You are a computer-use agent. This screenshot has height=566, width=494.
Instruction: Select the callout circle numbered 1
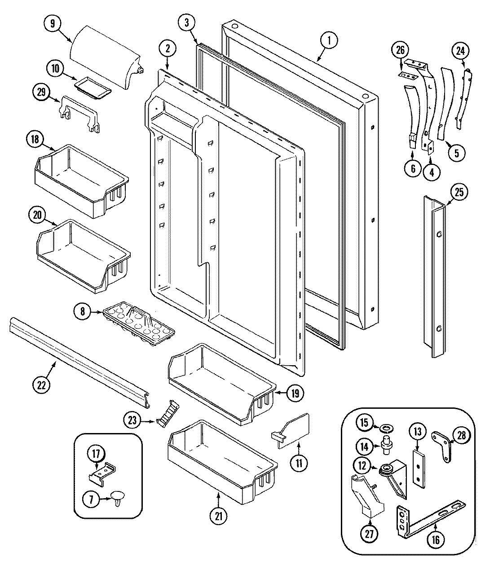click(x=328, y=40)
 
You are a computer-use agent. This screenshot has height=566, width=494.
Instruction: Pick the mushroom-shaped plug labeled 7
click(x=118, y=496)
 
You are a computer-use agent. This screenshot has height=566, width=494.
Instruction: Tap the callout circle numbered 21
click(x=218, y=517)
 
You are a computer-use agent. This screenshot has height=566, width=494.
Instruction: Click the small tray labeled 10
click(x=93, y=85)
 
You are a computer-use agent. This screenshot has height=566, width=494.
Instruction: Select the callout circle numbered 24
click(x=460, y=51)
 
